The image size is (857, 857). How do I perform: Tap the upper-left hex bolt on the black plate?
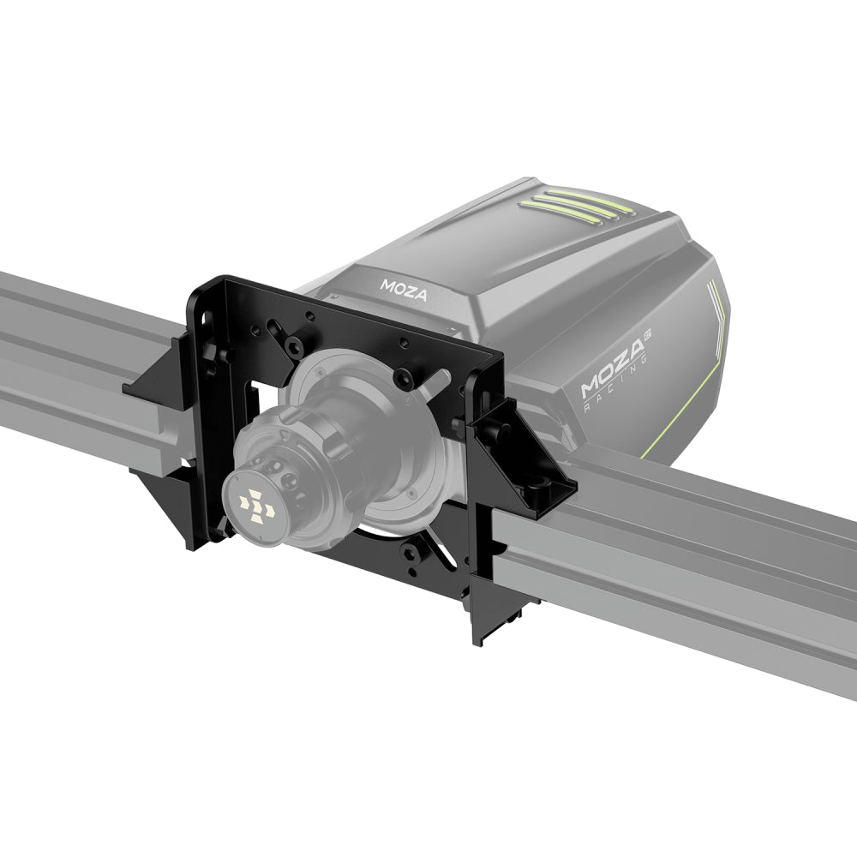pos(293,346)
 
